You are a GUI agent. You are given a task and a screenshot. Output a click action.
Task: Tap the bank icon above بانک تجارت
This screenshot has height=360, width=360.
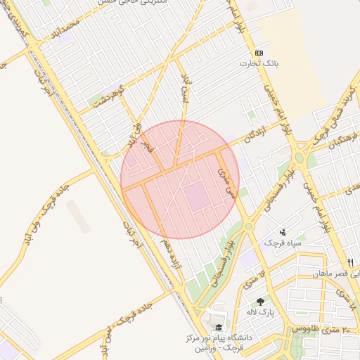259,53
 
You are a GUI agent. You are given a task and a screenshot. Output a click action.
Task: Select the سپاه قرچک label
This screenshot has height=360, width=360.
283,243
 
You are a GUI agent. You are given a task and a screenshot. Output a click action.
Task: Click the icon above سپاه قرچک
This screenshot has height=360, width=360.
283,231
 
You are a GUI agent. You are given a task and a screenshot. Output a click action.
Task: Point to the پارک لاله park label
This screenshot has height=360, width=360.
261,311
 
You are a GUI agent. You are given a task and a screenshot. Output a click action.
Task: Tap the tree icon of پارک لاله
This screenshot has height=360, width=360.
261,301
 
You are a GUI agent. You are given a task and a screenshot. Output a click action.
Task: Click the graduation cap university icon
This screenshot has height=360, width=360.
218,328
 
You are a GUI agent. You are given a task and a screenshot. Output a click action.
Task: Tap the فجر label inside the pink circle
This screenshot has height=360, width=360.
146,146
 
